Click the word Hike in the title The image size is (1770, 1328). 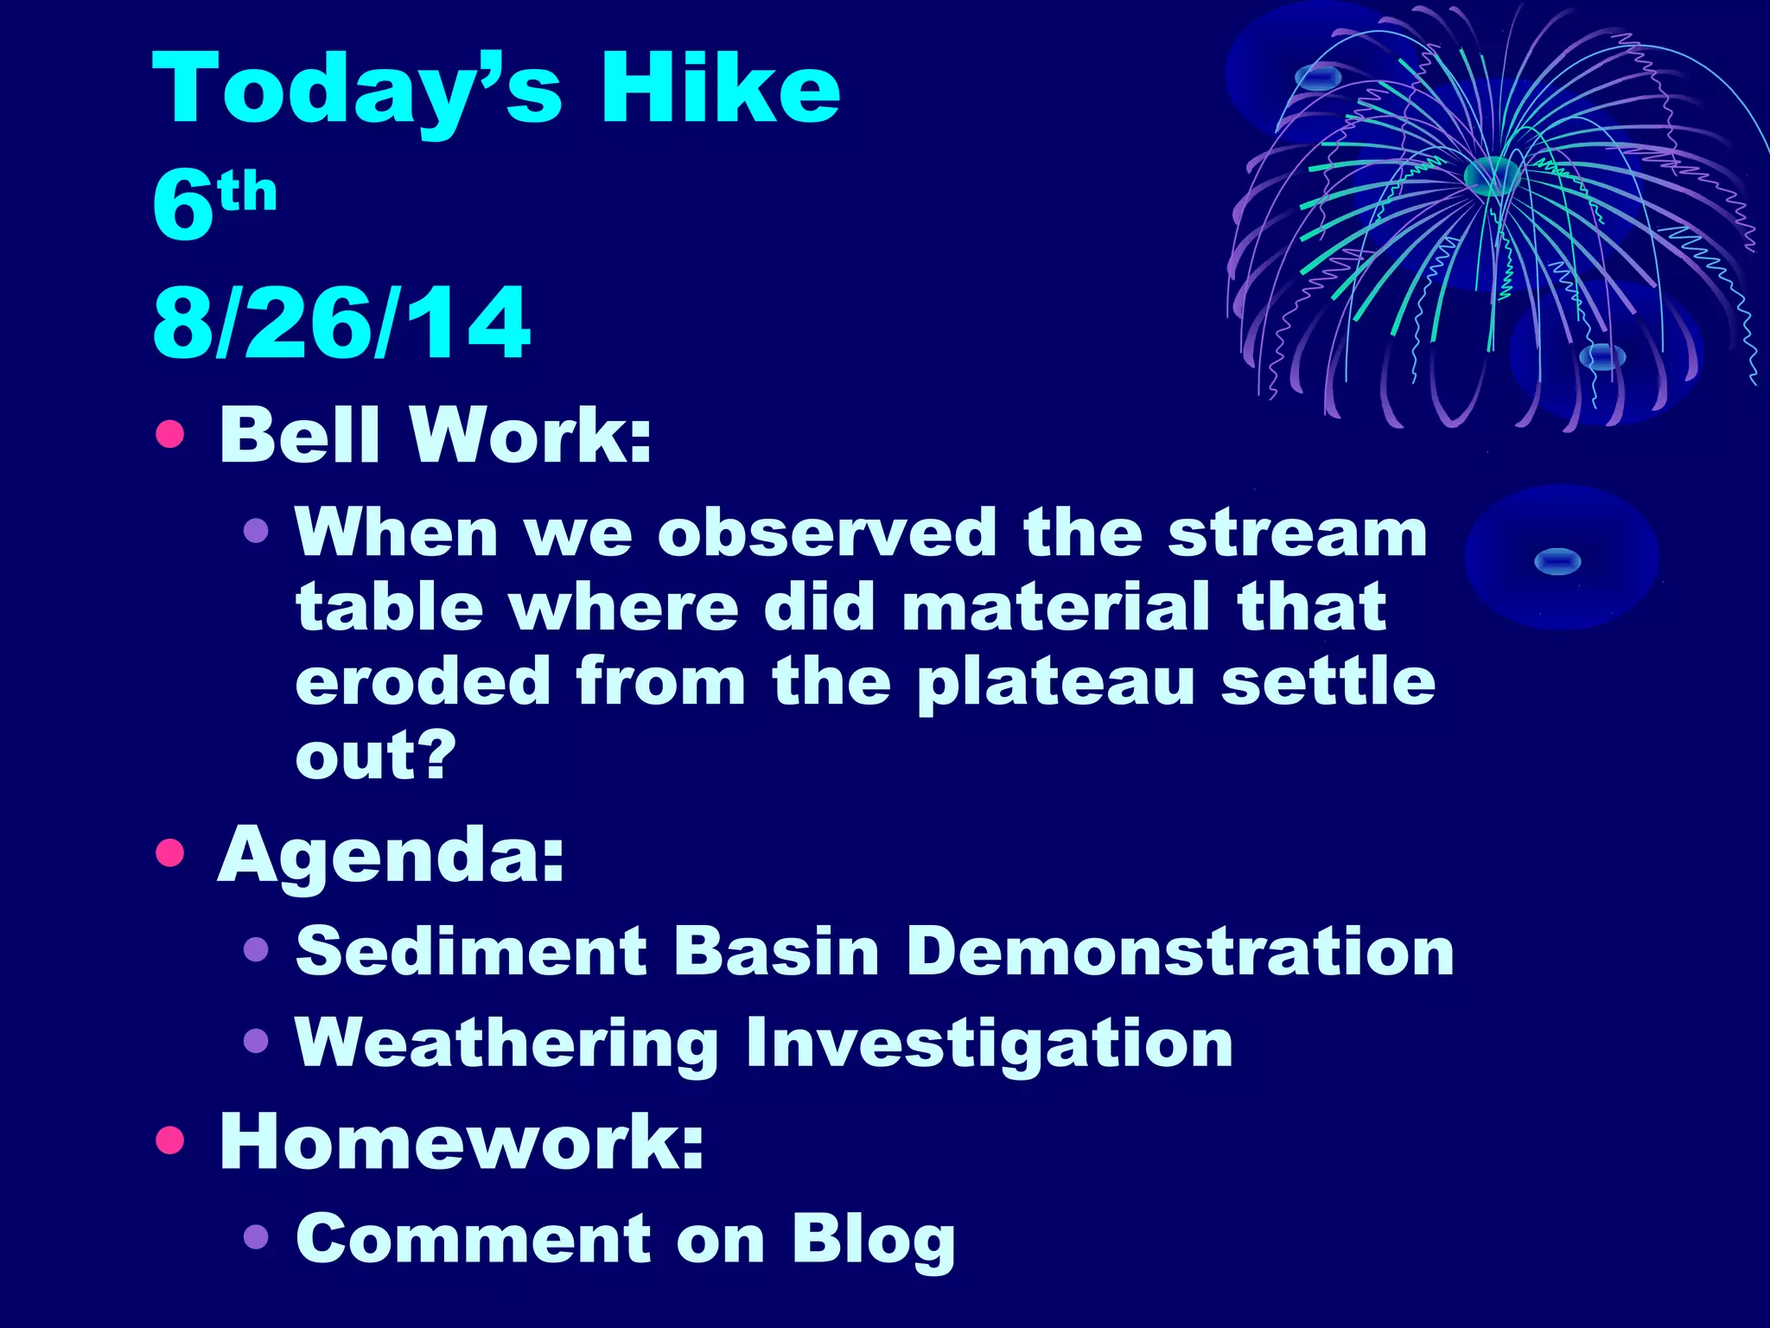[720, 88]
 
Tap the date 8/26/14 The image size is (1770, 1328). [341, 323]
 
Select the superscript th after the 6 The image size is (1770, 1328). [247, 192]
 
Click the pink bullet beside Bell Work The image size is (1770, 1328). [170, 434]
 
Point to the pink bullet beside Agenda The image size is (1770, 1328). [170, 853]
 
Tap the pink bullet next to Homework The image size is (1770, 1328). [170, 1140]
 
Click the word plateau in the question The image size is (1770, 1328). [1055, 683]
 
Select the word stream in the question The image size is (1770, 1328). [1297, 533]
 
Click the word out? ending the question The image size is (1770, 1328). [375, 756]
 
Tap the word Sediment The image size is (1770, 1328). [471, 951]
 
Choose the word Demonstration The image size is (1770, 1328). [1180, 951]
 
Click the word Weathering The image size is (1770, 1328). [506, 1044]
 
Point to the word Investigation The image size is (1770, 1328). [989, 1044]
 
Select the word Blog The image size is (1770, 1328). [873, 1240]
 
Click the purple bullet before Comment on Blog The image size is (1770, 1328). [256, 1237]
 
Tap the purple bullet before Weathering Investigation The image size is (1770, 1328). [256, 1041]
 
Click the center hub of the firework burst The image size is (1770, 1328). [1492, 176]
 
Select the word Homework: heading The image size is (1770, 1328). [462, 1141]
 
